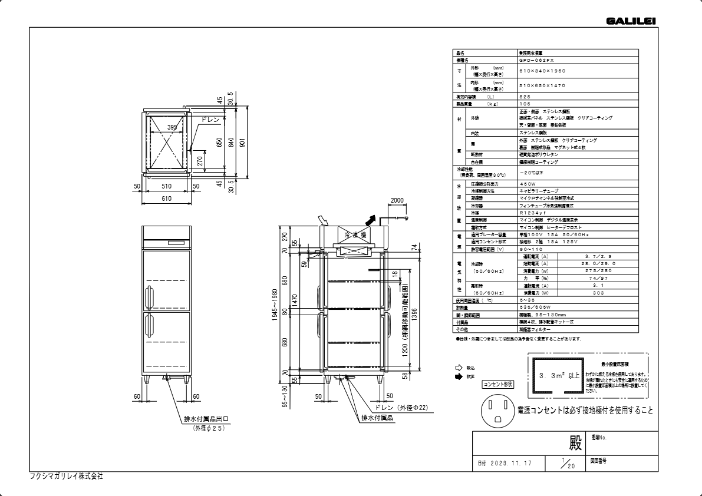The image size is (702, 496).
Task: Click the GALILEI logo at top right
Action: (x=630, y=22)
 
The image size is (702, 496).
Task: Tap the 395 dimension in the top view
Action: (x=172, y=127)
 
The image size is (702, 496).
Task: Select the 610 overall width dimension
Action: (x=166, y=199)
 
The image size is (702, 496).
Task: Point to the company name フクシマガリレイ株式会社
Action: (x=66, y=476)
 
